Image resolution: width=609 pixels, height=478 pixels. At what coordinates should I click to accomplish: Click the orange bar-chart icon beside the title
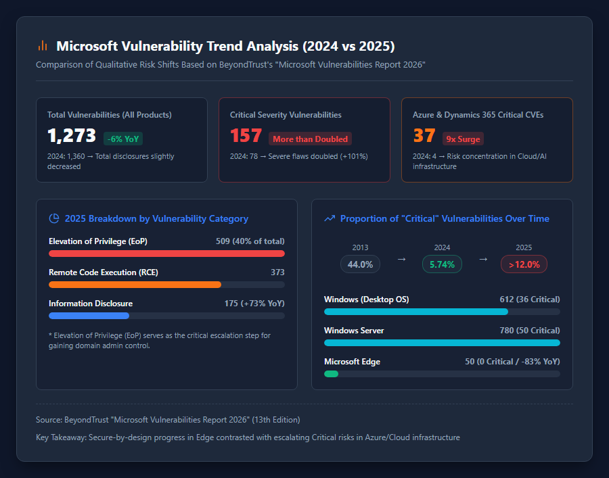[x=43, y=46]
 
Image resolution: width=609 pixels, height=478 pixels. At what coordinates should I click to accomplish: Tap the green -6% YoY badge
[x=123, y=139]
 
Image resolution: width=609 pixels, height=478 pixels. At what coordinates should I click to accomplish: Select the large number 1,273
[x=72, y=136]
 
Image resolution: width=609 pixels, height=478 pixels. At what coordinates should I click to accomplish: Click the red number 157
[x=246, y=136]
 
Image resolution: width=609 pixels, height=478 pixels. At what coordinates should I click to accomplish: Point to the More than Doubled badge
[x=311, y=139]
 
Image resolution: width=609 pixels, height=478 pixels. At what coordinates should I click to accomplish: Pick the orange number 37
[x=424, y=136]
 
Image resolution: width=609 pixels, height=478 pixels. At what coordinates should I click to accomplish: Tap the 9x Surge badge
[x=463, y=139]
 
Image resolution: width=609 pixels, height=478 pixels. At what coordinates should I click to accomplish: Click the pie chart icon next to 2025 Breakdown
[x=54, y=218]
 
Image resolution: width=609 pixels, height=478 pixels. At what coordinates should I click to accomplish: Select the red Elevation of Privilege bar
[x=166, y=254]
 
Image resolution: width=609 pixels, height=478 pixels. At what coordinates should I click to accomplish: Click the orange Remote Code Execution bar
[x=135, y=285]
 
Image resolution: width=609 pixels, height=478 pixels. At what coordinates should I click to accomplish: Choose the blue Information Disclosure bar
[x=89, y=316]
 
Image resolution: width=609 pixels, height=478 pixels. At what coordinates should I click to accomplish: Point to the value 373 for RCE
[x=277, y=272]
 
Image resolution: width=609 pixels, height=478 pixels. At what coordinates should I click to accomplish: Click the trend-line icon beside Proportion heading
[x=330, y=218]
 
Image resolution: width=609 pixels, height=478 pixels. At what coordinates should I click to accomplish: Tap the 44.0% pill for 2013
[x=360, y=264]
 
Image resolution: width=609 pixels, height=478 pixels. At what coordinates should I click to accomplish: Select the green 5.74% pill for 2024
[x=442, y=264]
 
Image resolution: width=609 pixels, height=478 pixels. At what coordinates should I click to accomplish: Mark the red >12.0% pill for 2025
[x=524, y=264]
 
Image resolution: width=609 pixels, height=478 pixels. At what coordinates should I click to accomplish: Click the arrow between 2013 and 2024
[x=401, y=259]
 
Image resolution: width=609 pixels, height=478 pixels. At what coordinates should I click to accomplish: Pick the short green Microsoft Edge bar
[x=332, y=374]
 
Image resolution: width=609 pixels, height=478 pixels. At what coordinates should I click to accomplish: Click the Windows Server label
[x=354, y=331]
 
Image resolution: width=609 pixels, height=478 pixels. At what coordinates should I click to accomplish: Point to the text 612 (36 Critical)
[x=530, y=300]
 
